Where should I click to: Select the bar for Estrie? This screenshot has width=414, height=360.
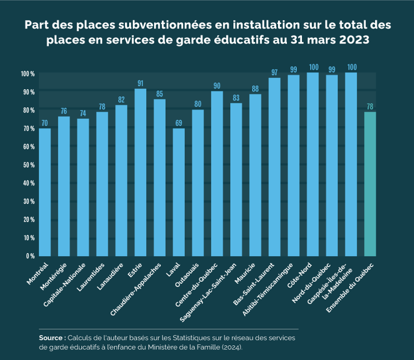point(141,172)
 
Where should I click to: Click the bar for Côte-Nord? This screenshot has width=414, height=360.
point(312,164)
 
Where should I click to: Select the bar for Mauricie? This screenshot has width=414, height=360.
point(255,175)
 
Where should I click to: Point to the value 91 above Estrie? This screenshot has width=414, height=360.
point(141,83)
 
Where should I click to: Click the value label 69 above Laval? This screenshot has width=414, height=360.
point(179,122)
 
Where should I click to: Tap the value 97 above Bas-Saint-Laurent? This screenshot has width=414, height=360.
point(274,72)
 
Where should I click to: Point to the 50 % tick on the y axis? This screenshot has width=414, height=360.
point(28,165)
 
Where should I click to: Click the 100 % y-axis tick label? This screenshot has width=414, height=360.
point(27,73)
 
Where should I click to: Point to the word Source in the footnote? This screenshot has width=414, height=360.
point(51,338)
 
